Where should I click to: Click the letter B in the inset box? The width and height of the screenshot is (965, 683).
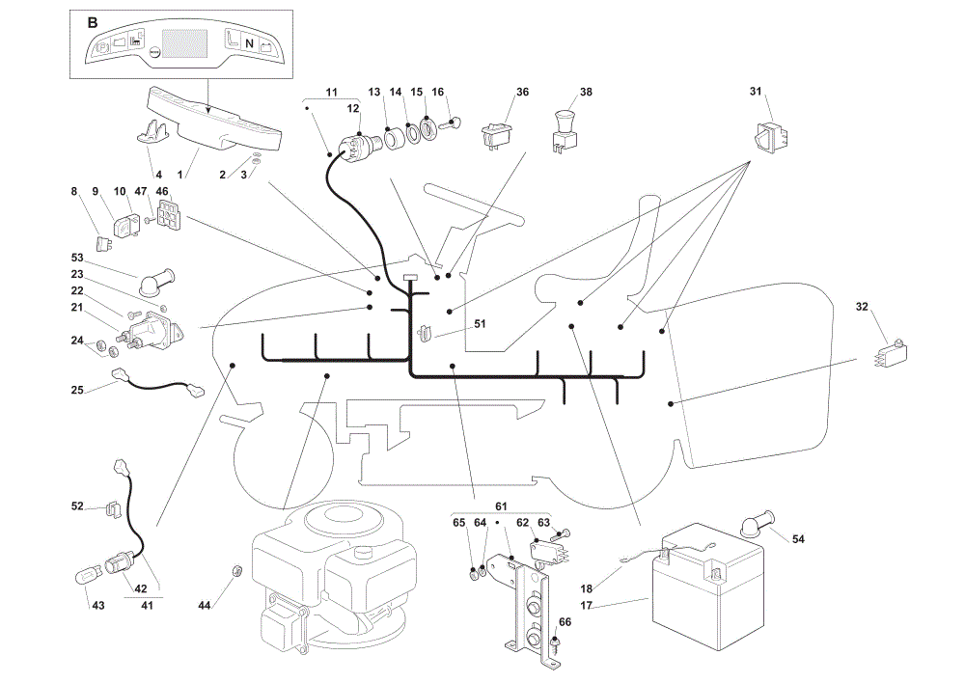tap(93, 23)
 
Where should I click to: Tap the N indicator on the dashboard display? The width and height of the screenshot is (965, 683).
tap(249, 43)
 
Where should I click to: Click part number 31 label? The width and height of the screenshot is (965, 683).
tap(756, 91)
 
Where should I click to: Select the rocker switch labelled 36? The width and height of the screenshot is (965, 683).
tap(497, 135)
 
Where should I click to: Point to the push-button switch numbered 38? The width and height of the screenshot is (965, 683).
tap(565, 130)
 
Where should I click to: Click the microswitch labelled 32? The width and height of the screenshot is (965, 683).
tap(891, 353)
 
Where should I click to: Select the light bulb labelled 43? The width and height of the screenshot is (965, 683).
tap(85, 578)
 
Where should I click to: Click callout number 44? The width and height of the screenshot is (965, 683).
tap(205, 606)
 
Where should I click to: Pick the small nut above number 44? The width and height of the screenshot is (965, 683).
tap(237, 570)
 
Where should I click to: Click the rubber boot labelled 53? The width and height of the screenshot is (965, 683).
tap(157, 283)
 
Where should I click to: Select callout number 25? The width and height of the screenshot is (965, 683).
tap(77, 390)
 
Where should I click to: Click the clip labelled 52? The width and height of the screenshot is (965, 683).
tap(111, 508)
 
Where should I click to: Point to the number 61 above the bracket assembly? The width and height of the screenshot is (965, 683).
tap(501, 506)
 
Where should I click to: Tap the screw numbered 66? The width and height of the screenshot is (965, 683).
tap(555, 642)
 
